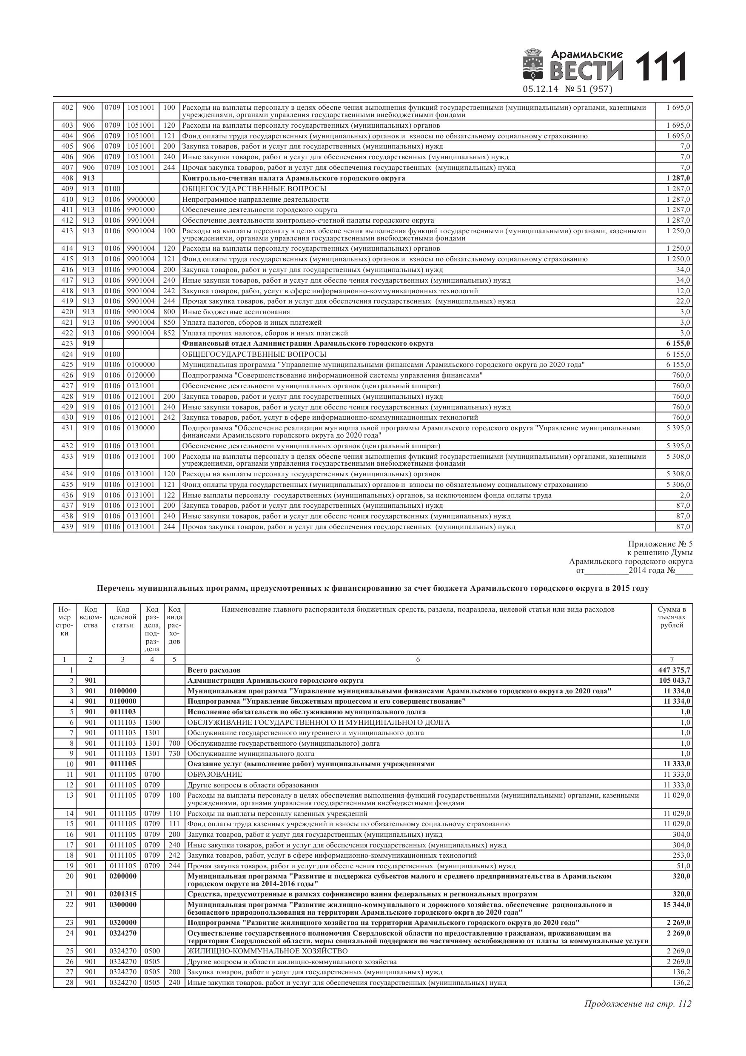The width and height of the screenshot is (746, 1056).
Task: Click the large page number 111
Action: pos(661,67)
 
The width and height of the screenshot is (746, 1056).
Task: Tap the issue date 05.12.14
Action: pos(541,89)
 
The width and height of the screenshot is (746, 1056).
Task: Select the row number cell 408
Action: pos(67,178)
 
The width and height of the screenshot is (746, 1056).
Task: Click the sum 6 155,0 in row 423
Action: pos(678,343)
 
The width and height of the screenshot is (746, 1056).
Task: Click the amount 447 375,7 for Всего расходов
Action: pos(672,670)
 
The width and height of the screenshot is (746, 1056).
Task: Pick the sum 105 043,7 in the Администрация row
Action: pos(672,681)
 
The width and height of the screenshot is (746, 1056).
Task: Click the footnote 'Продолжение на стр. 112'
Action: pos(638,1004)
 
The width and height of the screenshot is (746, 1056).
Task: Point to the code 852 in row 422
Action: pos(169,333)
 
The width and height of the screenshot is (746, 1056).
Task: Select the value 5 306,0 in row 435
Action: pos(678,485)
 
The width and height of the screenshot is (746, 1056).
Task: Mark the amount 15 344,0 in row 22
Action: pos(676,904)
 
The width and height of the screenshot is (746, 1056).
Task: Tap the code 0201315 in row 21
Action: pos(123,894)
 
